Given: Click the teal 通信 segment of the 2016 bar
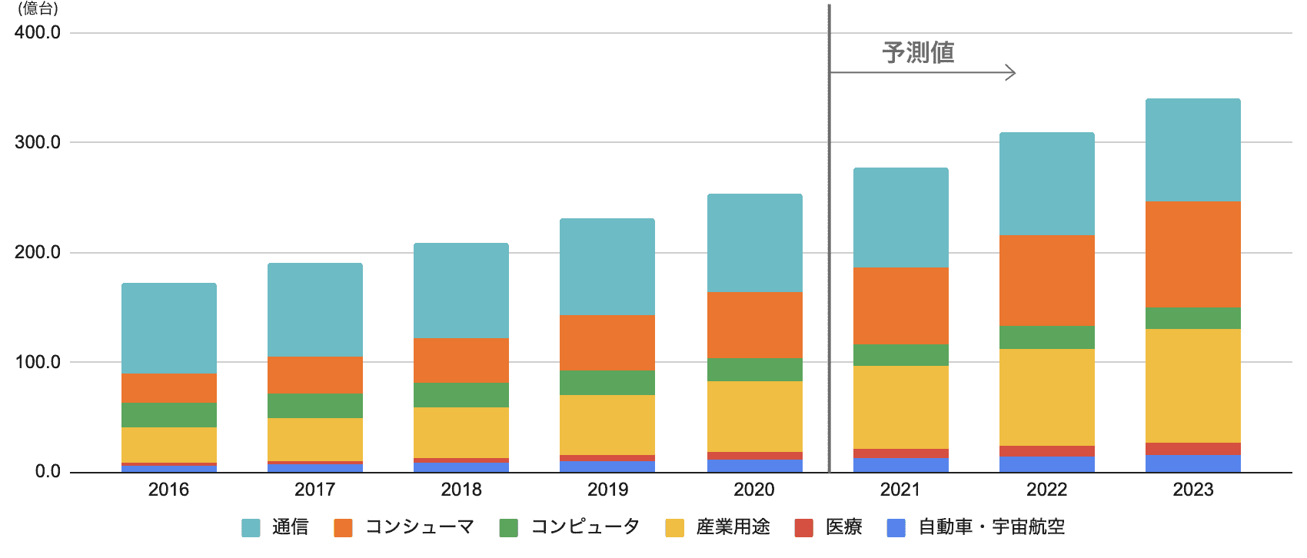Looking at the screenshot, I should pyautogui.click(x=169, y=328).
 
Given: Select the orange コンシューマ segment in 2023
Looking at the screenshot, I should pyautogui.click(x=1192, y=254).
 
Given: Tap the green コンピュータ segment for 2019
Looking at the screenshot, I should pyautogui.click(x=607, y=383).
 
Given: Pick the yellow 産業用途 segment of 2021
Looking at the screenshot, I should pyautogui.click(x=900, y=407).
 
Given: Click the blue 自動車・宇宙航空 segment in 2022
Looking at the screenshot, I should pyautogui.click(x=1046, y=464).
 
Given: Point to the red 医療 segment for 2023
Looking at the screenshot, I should pyautogui.click(x=1192, y=449).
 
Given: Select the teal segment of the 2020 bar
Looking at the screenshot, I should pyautogui.click(x=754, y=243).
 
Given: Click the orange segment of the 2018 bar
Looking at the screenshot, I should pyautogui.click(x=461, y=360).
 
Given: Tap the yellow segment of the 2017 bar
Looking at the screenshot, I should pyautogui.click(x=315, y=440).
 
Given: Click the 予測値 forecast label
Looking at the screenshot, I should pyautogui.click(x=918, y=53).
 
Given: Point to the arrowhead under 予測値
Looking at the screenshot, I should pyautogui.click(x=1011, y=73).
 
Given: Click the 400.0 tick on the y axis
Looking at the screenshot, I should pyautogui.click(x=37, y=32).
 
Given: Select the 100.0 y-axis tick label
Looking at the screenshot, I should pyautogui.click(x=37, y=362).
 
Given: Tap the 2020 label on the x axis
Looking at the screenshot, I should pyautogui.click(x=754, y=490).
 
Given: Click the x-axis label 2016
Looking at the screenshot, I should pyautogui.click(x=168, y=490).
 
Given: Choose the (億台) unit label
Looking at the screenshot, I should pyautogui.click(x=38, y=9).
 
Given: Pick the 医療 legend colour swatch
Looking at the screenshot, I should pyautogui.click(x=803, y=528).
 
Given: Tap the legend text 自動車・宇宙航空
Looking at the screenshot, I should pyautogui.click(x=991, y=527).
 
